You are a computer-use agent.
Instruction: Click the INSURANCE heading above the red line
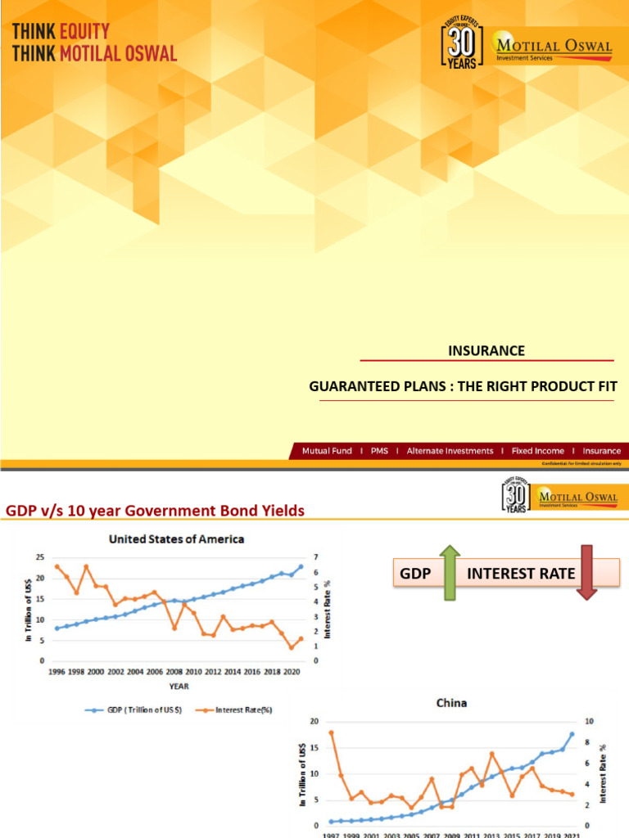486,351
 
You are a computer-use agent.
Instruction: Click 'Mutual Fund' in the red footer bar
327,451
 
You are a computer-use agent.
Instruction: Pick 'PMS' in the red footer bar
379,451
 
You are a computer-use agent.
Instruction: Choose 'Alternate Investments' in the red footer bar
450,451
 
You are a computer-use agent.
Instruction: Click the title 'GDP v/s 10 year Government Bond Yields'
156,511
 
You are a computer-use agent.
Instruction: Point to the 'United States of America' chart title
177,539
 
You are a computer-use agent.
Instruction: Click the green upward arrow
450,572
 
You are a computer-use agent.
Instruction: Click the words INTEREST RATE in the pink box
521,573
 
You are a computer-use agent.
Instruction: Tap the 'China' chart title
452,703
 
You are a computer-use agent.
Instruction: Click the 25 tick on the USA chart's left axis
39,558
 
